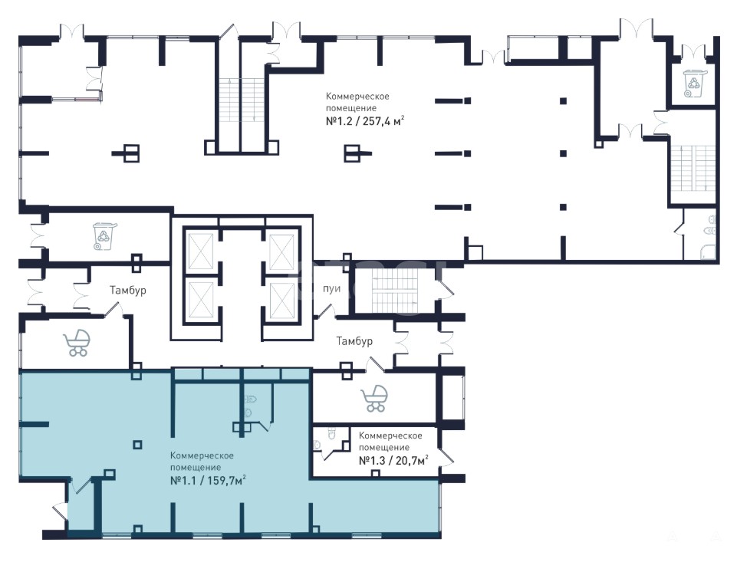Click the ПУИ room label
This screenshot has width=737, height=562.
(x=331, y=289)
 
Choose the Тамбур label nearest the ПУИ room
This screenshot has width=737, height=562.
(x=354, y=341)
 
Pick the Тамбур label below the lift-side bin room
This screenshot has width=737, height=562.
(x=127, y=291)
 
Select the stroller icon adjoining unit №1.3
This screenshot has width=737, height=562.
(x=375, y=398)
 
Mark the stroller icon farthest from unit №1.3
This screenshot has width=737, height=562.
(x=77, y=343)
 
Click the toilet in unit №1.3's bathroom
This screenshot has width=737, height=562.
(x=331, y=434)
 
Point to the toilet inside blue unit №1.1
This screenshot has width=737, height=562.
(x=251, y=399)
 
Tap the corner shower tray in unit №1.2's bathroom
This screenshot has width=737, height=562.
(x=709, y=251)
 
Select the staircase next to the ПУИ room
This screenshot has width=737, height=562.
(x=393, y=291)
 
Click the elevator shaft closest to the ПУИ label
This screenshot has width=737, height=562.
(x=281, y=294)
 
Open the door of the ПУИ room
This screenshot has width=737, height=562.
(x=327, y=310)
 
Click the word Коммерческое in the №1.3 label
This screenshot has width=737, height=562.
(x=390, y=435)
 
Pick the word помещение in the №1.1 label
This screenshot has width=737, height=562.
(x=196, y=467)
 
